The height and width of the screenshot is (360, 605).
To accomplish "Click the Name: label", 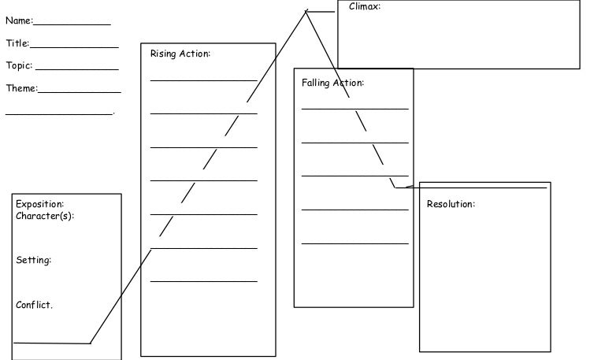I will point(19,20).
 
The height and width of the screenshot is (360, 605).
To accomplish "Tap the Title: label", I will point(17,43).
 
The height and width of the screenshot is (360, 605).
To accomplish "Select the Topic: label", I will point(20,65).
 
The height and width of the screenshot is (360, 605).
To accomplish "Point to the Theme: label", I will point(21,88).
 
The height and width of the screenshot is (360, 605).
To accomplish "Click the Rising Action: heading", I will point(180,54).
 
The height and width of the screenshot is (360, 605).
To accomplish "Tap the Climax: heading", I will point(365,6).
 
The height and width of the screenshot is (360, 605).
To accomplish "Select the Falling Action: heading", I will point(332,82).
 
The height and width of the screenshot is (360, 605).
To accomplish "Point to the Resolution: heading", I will point(451,204).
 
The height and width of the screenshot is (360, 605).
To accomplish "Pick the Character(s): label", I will point(45,216).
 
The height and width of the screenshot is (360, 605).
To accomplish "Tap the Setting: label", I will point(34,260).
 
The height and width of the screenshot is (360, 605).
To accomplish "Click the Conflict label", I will point(34,305).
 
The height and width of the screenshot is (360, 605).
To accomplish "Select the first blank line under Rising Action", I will point(203,80).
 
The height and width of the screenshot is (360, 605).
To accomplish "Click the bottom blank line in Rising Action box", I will point(203,281).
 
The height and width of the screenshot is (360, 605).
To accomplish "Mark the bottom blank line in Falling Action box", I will point(354,243).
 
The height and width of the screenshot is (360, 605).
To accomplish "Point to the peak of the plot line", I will point(306,11).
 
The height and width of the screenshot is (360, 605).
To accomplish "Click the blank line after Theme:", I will point(79,92).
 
